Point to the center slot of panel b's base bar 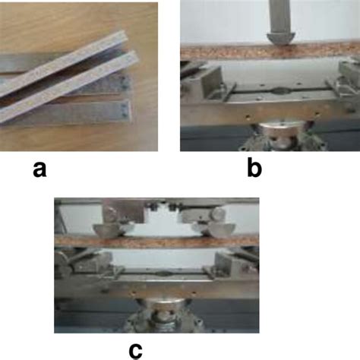click(x=270, y=92)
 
